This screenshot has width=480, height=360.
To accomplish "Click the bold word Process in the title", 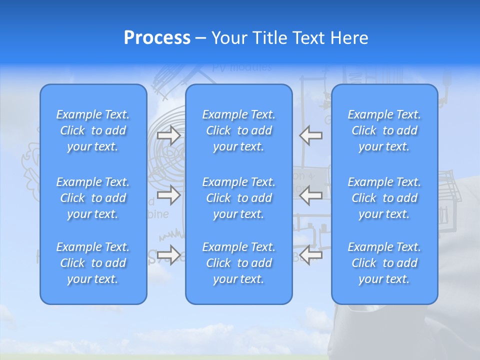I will [x=157, y=38].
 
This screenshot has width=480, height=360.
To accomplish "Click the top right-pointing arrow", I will [x=168, y=135].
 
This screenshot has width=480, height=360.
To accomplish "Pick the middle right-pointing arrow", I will [x=168, y=195].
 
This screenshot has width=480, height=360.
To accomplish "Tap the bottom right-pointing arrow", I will [x=168, y=255].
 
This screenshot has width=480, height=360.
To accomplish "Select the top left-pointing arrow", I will [x=311, y=135].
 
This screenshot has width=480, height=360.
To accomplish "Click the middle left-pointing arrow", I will [x=311, y=195].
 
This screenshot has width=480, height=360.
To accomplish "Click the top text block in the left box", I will [x=93, y=130].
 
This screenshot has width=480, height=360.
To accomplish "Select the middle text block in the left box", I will [x=93, y=198].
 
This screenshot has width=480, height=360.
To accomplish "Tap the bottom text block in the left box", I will [x=93, y=263].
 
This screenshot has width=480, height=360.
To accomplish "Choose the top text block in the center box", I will [x=238, y=130].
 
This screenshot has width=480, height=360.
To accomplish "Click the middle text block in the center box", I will [x=238, y=198].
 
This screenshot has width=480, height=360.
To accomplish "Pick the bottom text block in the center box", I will [x=238, y=263].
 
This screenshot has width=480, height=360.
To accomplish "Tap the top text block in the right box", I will [x=384, y=130].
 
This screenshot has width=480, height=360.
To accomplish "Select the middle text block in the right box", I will [x=384, y=198].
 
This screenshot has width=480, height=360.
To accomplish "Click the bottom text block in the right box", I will [x=384, y=263].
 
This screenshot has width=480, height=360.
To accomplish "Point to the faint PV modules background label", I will [x=242, y=67].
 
